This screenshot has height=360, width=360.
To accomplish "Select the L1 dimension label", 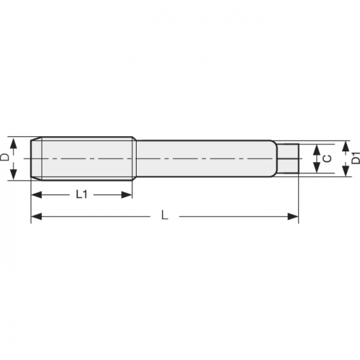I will click(81, 194).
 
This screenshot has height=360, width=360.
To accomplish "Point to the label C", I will click(328, 158).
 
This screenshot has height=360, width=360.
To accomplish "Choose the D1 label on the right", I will click(354, 157).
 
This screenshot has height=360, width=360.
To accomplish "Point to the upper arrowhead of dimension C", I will click(315, 148).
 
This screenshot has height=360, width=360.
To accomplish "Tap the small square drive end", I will click(289, 158).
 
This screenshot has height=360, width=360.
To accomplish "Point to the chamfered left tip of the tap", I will click(35, 158).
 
